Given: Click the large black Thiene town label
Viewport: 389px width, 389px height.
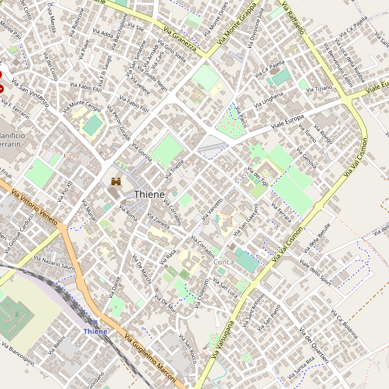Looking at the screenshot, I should coord(149,194).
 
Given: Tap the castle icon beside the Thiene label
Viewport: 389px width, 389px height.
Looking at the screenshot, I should coord(117,182).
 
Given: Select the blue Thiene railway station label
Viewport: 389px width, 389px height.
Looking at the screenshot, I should coord(95,331).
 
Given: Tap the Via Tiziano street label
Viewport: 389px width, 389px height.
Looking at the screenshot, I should coord(319,88).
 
